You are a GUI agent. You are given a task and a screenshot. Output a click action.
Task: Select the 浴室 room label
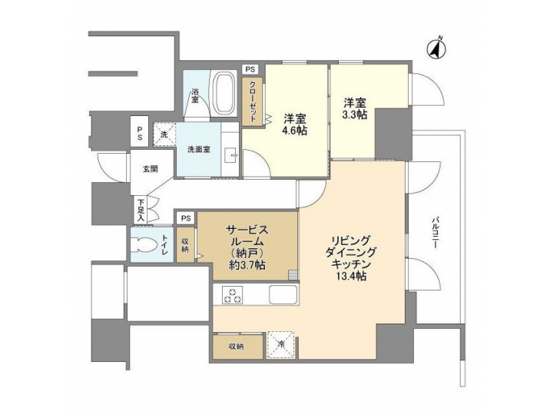tap(195, 96)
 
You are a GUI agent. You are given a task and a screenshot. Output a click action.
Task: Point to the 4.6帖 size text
tap(295, 131)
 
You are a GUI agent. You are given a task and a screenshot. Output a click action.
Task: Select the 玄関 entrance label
tap(150, 168)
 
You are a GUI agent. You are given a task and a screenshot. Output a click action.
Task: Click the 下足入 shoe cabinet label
tap(141, 210)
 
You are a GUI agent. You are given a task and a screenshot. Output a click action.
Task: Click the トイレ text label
tap(164, 246)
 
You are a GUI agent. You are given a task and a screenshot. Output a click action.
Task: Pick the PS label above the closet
tap(250, 70)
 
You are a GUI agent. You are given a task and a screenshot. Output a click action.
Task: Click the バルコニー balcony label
tap(435, 230)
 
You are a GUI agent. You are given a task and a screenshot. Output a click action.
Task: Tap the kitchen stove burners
tap(232, 294)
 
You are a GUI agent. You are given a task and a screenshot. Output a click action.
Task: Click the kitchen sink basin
tap(280, 294)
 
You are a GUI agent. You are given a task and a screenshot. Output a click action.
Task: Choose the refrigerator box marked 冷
tap(281, 344)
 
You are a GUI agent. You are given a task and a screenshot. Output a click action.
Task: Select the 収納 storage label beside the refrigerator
tap(236, 347)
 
